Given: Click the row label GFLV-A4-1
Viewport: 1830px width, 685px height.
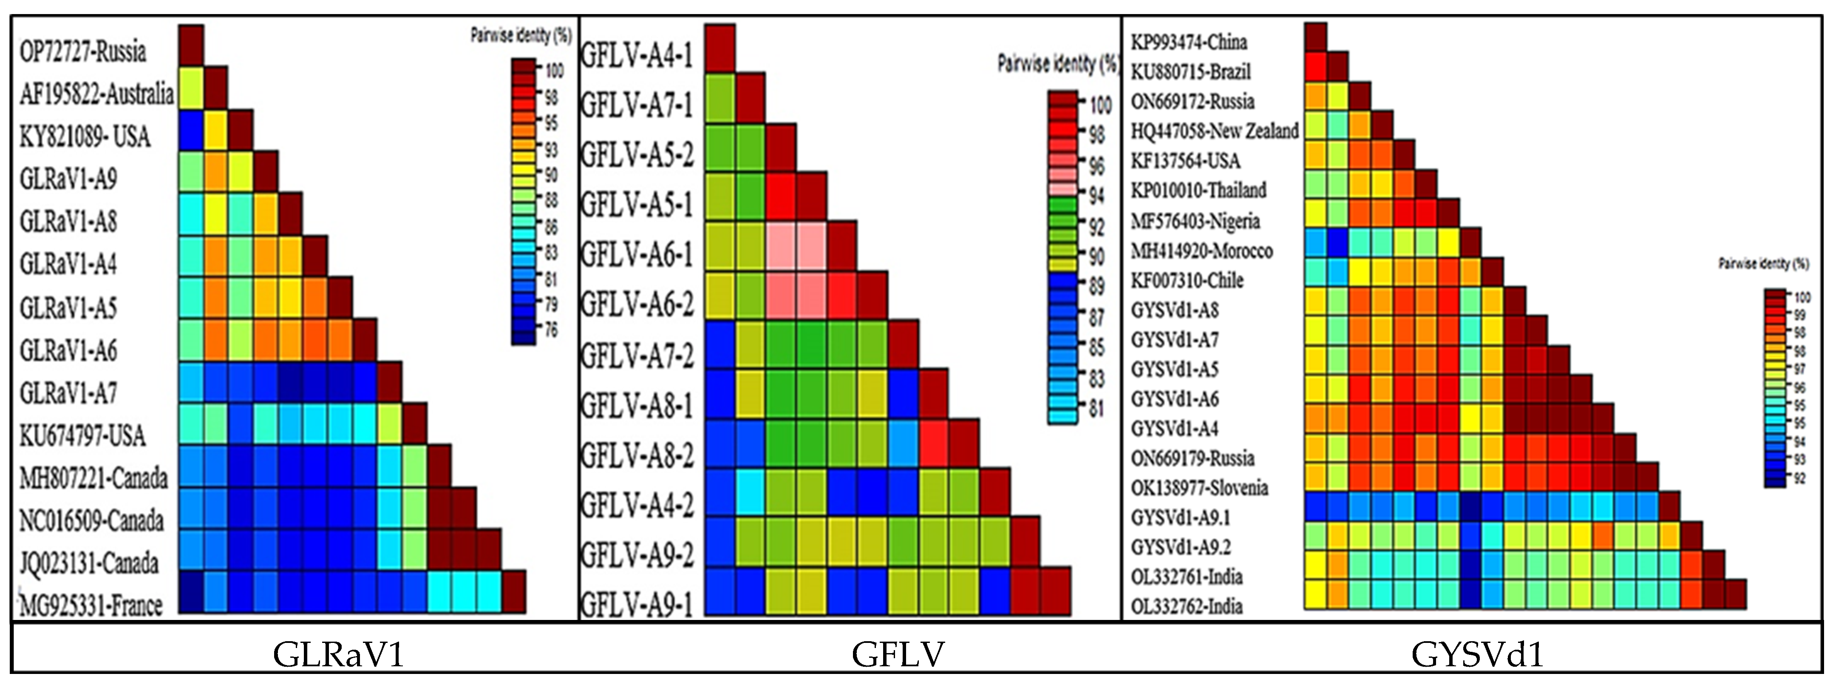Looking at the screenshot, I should [x=637, y=55].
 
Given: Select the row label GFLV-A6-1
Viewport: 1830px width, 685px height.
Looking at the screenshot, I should [x=637, y=254].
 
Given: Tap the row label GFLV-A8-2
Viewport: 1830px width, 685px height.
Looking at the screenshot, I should [x=637, y=455].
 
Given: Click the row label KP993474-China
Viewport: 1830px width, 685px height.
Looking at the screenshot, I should [x=1189, y=42].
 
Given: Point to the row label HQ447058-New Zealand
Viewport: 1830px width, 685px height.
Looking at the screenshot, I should [x=1214, y=131].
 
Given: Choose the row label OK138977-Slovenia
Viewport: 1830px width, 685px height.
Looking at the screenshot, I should [x=1199, y=487].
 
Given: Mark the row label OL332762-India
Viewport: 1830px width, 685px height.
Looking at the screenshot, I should [x=1187, y=606].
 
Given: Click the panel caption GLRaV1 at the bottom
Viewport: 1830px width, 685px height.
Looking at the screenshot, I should [x=338, y=654].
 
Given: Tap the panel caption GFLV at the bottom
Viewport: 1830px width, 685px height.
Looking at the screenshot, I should [x=898, y=654].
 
